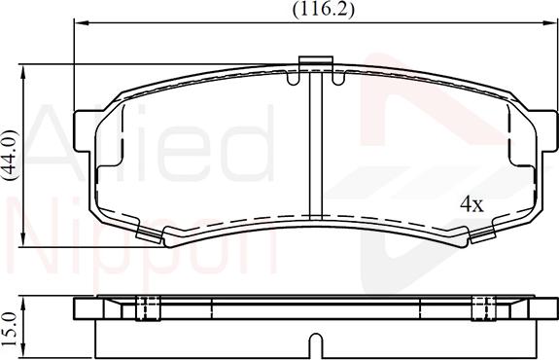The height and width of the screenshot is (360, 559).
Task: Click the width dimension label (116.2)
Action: tap(310, 10)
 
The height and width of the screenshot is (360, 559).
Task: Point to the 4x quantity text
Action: tap(472, 204)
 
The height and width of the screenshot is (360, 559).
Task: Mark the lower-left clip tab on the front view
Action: tap(150, 234)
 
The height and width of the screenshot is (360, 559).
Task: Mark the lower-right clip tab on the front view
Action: tap(480, 234)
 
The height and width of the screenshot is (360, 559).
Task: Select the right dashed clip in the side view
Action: tap(479, 307)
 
